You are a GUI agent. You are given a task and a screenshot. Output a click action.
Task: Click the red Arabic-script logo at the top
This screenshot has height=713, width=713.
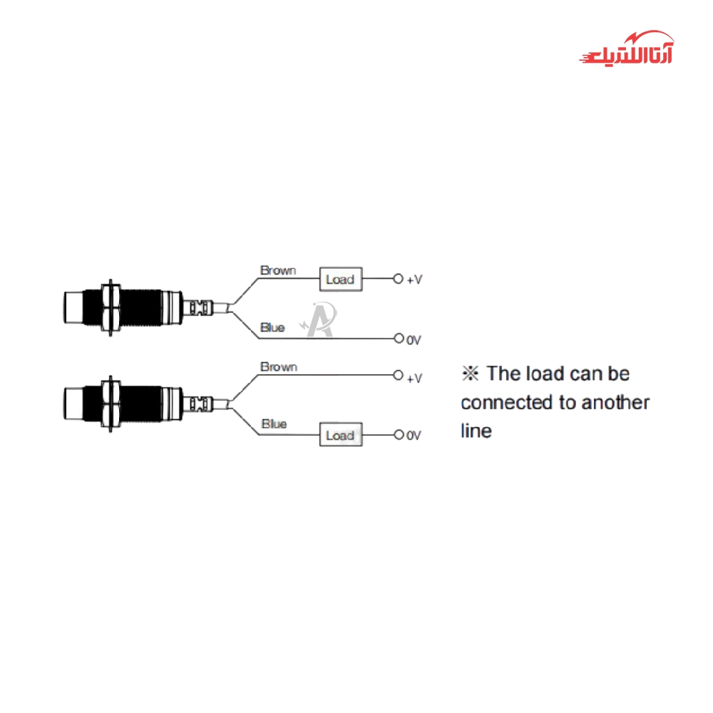(627, 49)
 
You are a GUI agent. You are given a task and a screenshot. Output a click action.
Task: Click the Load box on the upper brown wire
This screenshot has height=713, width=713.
(341, 279)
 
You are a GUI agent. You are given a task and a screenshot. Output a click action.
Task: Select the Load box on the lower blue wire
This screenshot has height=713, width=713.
(341, 434)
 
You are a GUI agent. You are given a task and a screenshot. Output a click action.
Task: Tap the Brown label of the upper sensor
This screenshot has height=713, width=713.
(278, 270)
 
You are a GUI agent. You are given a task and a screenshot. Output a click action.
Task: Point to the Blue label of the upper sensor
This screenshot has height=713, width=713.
(272, 327)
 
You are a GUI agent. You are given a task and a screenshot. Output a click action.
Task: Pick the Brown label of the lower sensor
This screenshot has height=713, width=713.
(279, 366)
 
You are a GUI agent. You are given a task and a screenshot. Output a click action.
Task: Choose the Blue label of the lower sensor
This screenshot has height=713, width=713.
(274, 424)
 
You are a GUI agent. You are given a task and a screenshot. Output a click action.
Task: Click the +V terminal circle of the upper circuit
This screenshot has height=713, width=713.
(399, 279)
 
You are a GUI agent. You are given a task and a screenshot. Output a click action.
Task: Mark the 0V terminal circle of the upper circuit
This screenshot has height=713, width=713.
(399, 338)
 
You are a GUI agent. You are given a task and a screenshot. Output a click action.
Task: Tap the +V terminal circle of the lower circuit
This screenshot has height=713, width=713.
(399, 375)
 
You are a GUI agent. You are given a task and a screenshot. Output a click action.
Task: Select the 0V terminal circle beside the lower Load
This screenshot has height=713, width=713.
(399, 435)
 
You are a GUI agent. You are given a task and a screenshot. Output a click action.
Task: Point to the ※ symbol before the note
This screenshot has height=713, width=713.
(470, 374)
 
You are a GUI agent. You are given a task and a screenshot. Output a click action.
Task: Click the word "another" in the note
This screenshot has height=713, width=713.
(615, 402)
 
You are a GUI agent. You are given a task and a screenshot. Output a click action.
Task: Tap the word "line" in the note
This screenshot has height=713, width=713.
(476, 431)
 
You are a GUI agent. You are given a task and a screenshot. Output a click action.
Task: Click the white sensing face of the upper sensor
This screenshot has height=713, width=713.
(73, 308)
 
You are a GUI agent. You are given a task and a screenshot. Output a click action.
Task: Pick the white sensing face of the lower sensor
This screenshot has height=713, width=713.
(73, 404)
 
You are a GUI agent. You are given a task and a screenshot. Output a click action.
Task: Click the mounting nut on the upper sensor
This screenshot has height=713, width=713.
(111, 308)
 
